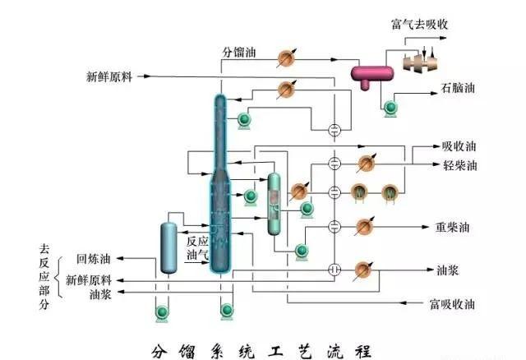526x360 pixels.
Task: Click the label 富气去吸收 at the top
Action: [x=420, y=25]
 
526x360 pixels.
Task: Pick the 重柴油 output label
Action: [x=452, y=226]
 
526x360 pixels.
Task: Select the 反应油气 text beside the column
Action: [x=197, y=248]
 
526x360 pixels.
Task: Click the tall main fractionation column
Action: [x=219, y=181]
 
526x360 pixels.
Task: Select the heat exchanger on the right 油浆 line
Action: [x=362, y=270]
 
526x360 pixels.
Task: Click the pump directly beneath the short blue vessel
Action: [x=162, y=311]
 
